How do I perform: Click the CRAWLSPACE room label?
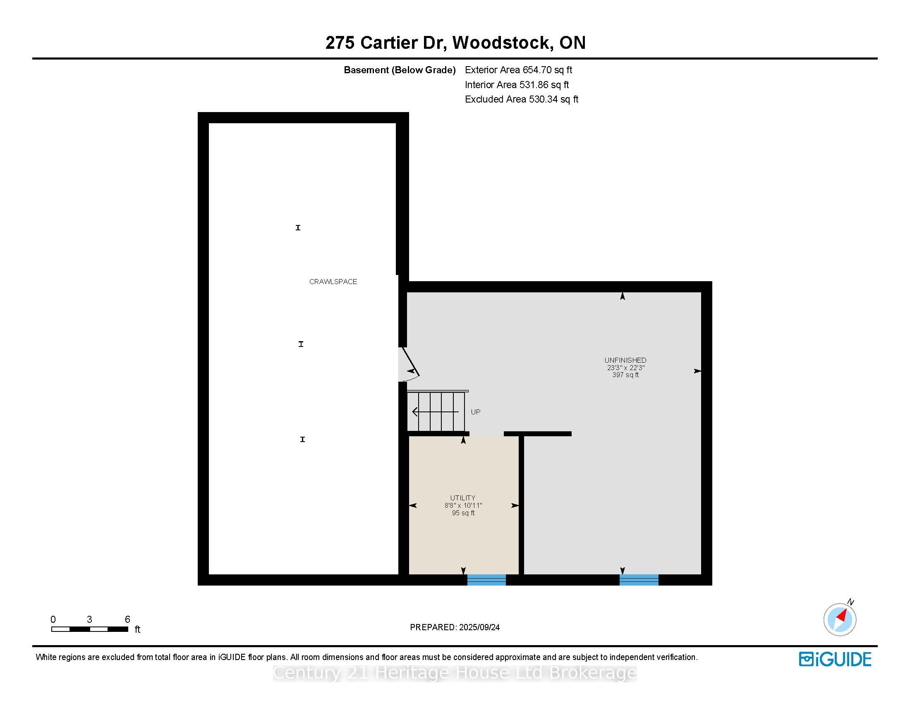tap(333, 282)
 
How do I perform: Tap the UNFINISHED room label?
tap(625, 360)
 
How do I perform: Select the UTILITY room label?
tap(462, 498)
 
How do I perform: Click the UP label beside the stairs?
tap(475, 412)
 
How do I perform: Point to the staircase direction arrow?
tap(436, 412)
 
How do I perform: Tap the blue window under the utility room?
tap(486, 580)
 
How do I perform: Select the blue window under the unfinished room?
tap(639, 580)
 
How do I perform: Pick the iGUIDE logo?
tap(835, 659)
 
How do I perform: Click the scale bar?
tap(90, 629)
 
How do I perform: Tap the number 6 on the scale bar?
tap(127, 619)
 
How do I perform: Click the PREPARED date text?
tap(455, 627)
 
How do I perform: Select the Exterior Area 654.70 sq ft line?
tap(518, 70)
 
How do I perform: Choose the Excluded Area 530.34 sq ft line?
tap(522, 99)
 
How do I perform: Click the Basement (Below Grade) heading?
tap(400, 70)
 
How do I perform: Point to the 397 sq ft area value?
tap(625, 375)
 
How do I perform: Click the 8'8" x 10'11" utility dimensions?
tap(463, 506)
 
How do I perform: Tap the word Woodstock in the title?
tap(503, 43)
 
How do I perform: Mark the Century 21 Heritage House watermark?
tap(455, 672)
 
